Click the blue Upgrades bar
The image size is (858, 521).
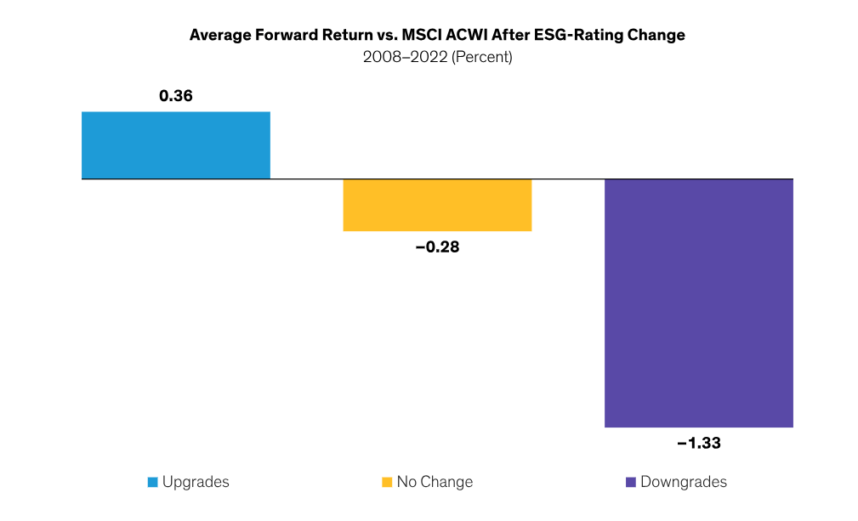click(x=175, y=145)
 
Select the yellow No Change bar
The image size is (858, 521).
click(x=437, y=205)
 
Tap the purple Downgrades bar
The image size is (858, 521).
click(x=698, y=303)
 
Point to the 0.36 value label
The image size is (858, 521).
click(x=176, y=96)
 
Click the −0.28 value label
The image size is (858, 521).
click(x=437, y=248)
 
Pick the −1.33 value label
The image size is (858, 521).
click(x=698, y=443)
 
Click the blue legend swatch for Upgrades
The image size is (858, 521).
click(x=152, y=482)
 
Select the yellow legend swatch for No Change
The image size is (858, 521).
click(x=387, y=482)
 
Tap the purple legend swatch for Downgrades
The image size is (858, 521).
click(x=630, y=482)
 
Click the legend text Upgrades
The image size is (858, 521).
click(x=196, y=482)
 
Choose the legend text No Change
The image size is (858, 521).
click(x=435, y=482)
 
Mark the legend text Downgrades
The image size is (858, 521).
click(x=683, y=482)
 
